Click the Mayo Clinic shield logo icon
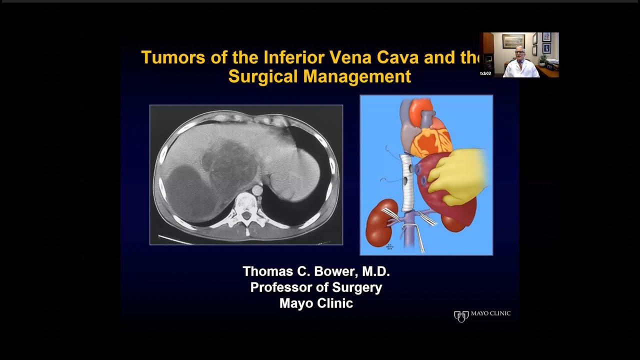[461, 316]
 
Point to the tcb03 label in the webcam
[485, 73]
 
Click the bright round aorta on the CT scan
[257, 190]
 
